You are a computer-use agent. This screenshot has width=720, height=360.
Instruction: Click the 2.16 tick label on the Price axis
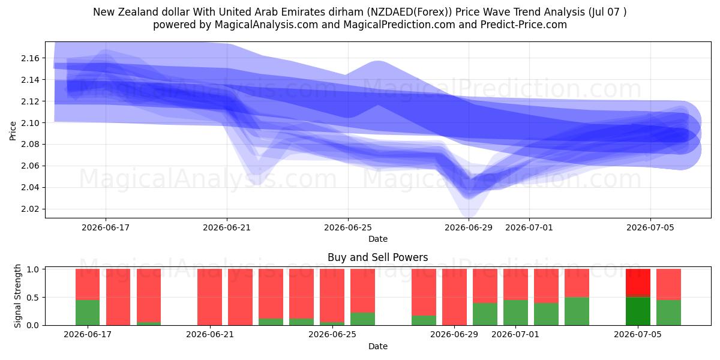click(30, 58)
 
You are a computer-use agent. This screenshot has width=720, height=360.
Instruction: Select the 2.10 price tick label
click(30, 123)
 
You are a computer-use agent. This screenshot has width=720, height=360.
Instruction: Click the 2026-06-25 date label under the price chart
click(348, 227)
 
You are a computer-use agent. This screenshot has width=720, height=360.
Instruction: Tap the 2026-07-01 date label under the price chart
click(529, 227)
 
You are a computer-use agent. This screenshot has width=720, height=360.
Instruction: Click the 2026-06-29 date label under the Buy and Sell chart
click(454, 334)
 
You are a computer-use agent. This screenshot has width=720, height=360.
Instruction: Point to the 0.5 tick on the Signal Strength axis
click(33, 298)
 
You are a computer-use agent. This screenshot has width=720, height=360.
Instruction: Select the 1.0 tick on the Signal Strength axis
click(33, 269)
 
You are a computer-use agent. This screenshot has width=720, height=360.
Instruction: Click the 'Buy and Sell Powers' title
click(377, 257)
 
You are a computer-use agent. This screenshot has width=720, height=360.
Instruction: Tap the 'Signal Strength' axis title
click(17, 296)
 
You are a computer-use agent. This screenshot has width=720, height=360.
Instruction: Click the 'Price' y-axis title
click(13, 131)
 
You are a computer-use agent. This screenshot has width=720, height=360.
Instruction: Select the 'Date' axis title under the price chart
click(378, 239)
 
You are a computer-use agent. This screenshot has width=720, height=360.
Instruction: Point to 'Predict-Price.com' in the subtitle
click(524, 25)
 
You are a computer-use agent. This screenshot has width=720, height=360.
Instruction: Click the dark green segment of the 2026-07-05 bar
click(638, 311)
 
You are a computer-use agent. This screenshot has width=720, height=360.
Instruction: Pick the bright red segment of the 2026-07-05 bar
click(638, 281)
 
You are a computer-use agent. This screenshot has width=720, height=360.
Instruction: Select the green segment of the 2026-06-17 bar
click(88, 313)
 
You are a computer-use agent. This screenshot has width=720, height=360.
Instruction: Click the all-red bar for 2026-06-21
click(209, 297)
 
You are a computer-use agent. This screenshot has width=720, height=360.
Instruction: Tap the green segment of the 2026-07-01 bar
click(515, 313)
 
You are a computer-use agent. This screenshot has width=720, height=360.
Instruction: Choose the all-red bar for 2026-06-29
click(454, 297)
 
